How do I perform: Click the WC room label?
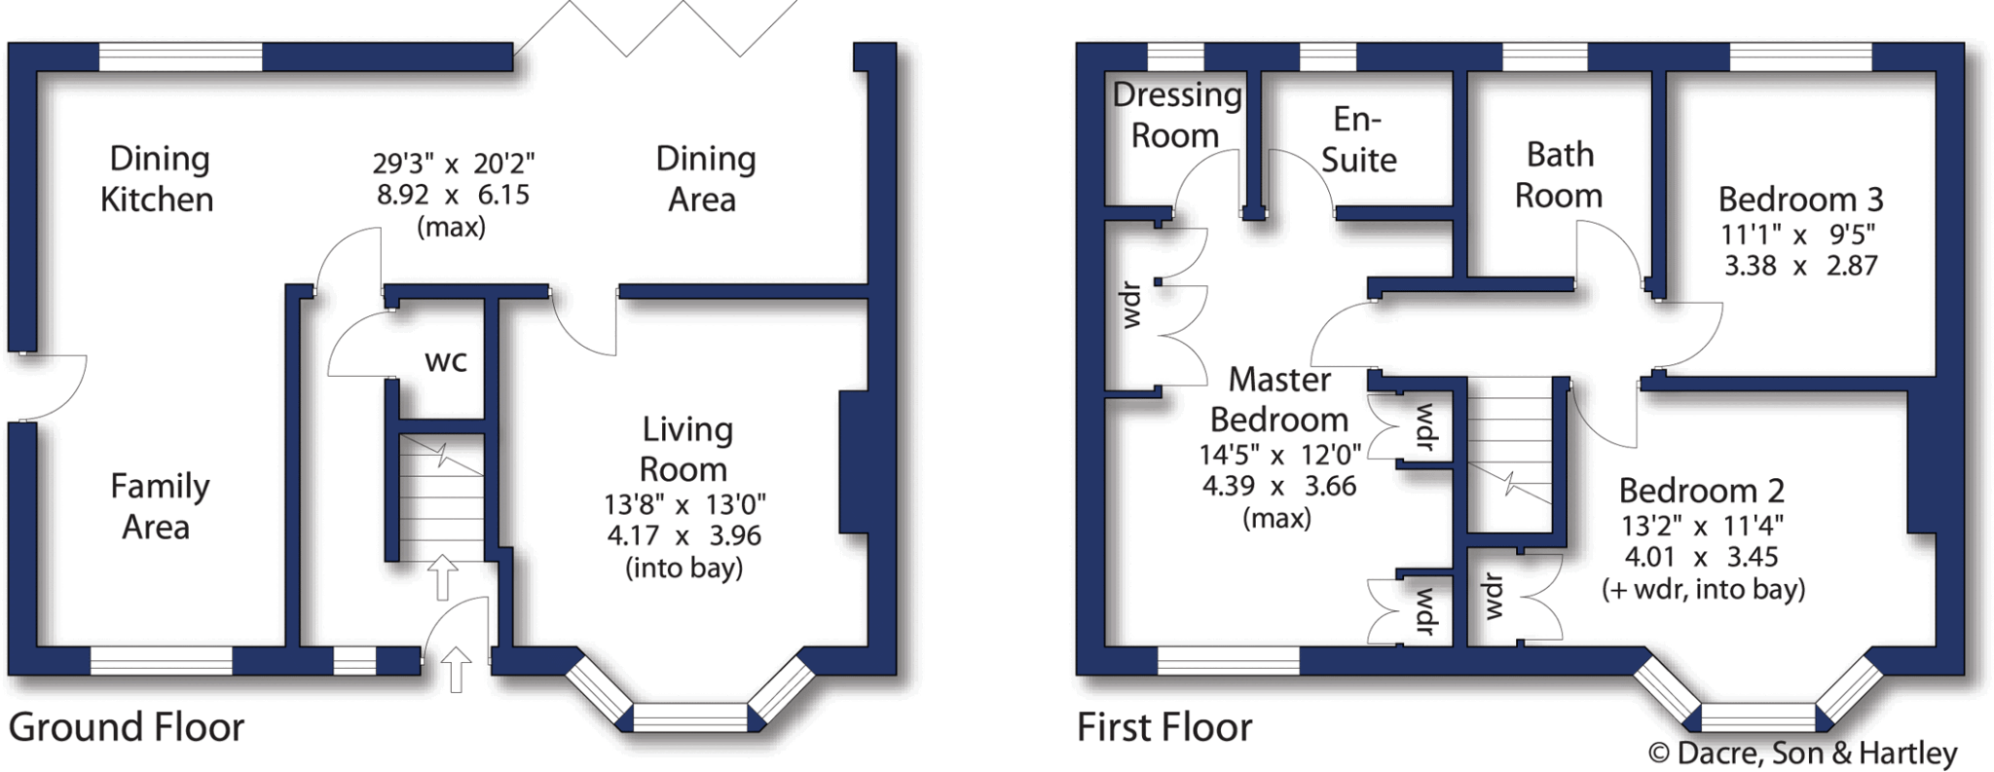446,361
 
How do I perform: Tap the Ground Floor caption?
127,727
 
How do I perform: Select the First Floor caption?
1164,727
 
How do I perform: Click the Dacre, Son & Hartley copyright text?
1802,753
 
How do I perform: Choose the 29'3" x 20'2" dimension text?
454,163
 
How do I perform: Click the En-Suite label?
1358,139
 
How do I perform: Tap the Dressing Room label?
1176,115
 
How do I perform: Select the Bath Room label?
1559,175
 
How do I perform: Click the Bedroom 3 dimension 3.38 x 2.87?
1800,266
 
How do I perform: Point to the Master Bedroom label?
1279,399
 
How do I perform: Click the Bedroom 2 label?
1701,491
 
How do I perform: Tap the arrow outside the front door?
456,670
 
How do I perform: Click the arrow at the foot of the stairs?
443,576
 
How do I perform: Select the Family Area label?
159,506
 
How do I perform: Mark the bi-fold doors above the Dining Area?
654,27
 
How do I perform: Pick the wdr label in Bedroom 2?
1494,596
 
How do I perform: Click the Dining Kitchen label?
158,179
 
